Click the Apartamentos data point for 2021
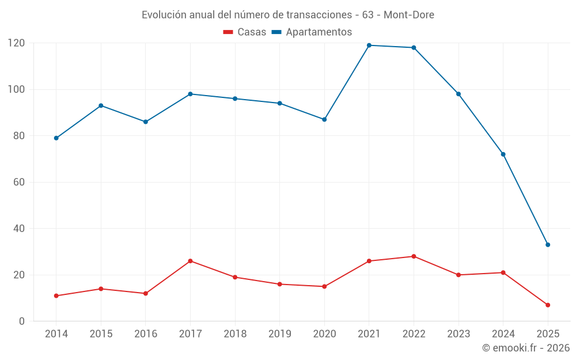pyautogui.click(x=369, y=46)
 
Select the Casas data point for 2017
pyautogui.click(x=190, y=261)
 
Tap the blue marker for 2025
pyautogui.click(x=548, y=245)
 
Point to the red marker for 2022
pyautogui.click(x=414, y=256)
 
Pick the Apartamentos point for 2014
pyautogui.click(x=56, y=138)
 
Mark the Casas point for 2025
pyautogui.click(x=548, y=305)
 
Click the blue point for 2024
pyautogui.click(x=503, y=154)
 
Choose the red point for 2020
pyautogui.click(x=324, y=286)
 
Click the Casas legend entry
pyautogui.click(x=245, y=32)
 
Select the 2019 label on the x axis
pyautogui.click(x=279, y=334)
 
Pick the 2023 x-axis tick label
pyautogui.click(x=458, y=334)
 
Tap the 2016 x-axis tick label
pyautogui.click(x=146, y=334)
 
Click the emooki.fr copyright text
pyautogui.click(x=526, y=348)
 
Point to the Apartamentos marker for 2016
pyautogui.click(x=146, y=122)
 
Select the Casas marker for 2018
pyautogui.click(x=235, y=277)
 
